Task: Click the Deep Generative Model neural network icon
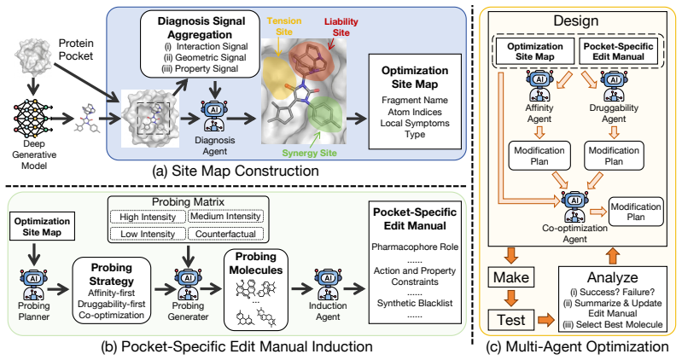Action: [x=33, y=119]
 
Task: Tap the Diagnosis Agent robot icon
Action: [x=214, y=115]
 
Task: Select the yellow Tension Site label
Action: [x=284, y=26]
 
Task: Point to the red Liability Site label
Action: [x=341, y=27]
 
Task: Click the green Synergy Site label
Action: [x=309, y=153]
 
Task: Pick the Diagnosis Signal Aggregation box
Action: [x=200, y=44]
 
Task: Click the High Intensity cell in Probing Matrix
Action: [x=148, y=217]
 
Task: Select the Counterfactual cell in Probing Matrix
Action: [x=225, y=234]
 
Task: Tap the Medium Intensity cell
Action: [x=225, y=216]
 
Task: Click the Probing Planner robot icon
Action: [x=34, y=285]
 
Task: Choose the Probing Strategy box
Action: [x=112, y=290]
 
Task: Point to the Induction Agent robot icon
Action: [x=328, y=285]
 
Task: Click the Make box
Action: [x=511, y=277]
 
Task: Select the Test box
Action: [x=511, y=320]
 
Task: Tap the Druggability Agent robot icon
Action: [x=614, y=86]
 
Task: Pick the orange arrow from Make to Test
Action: [x=511, y=299]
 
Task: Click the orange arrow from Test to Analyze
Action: [x=546, y=321]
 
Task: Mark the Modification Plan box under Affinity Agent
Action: [x=539, y=155]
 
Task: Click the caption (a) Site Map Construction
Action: [x=236, y=171]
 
